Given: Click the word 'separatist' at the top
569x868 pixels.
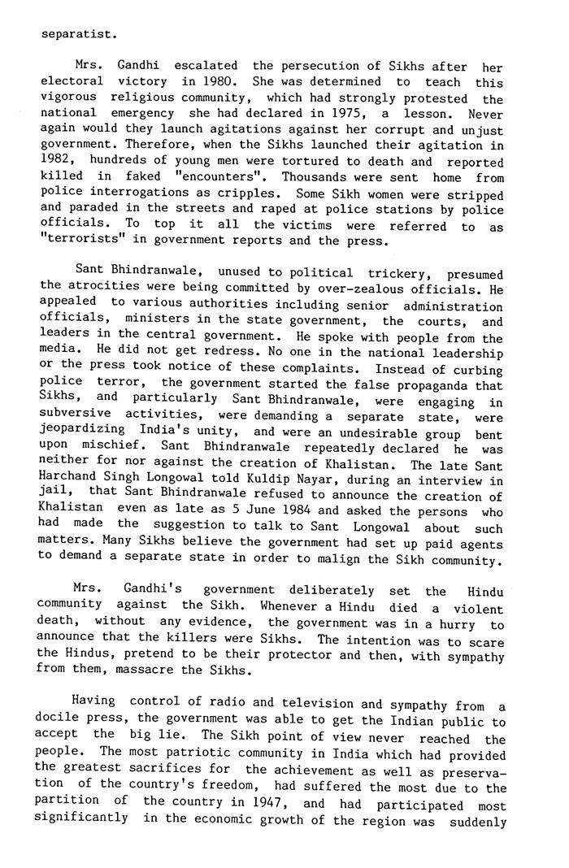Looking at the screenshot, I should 77,34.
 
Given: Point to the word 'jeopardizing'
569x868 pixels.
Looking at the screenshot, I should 83,432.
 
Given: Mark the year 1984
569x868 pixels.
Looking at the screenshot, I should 289,512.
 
